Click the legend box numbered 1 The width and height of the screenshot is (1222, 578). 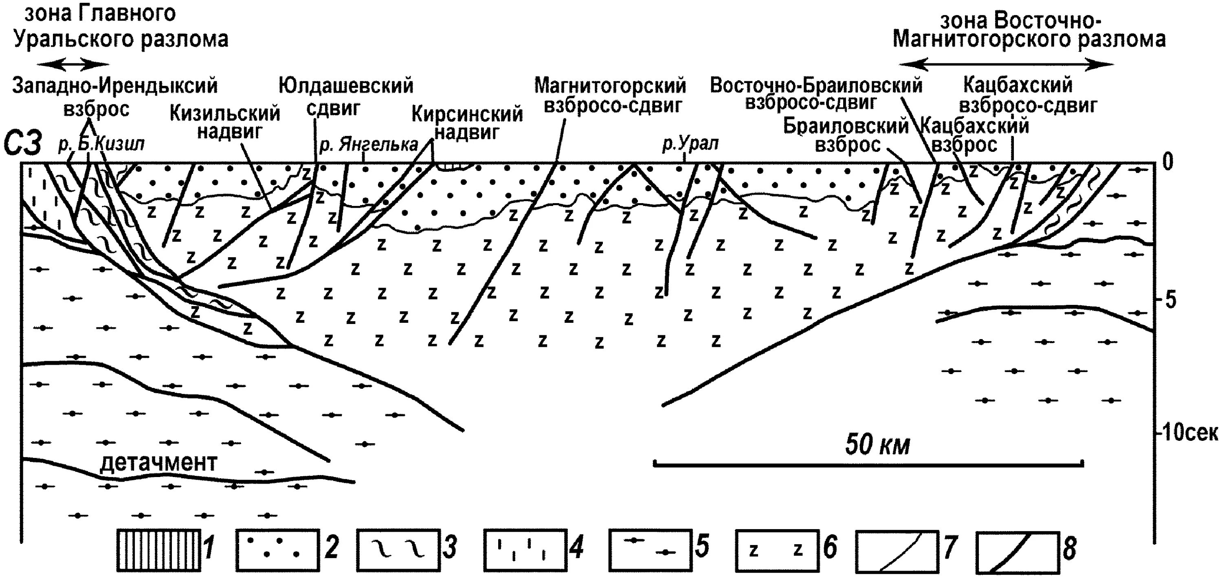(158, 550)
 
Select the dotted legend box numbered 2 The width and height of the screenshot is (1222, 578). (277, 550)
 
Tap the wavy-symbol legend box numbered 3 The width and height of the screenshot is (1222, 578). (398, 550)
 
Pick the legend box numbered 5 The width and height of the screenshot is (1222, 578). (650, 550)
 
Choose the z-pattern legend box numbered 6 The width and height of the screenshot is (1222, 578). (778, 550)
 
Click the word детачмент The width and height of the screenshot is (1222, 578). (158, 462)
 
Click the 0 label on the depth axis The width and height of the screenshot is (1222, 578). (1167, 162)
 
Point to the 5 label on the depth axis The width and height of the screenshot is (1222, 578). (1170, 300)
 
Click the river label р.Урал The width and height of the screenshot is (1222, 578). (690, 143)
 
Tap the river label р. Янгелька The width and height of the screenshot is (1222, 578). (369, 144)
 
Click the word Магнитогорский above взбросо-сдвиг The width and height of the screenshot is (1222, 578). (610, 86)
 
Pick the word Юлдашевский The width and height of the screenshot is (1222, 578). (346, 86)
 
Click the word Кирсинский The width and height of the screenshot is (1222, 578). (467, 114)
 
